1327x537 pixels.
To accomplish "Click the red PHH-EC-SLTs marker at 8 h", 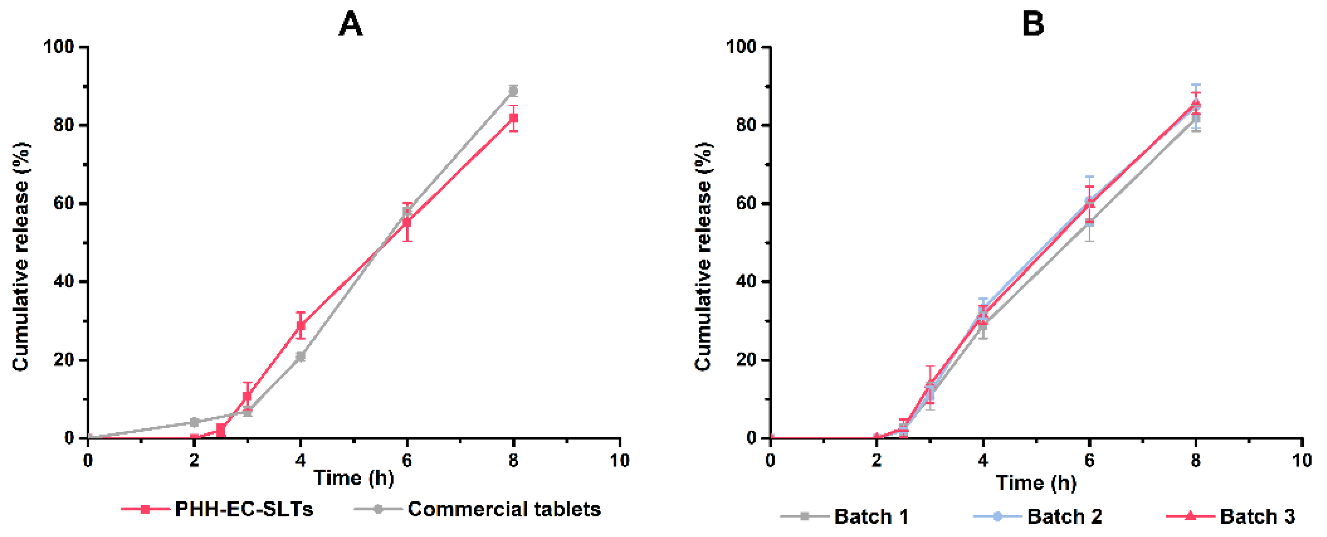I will pyautogui.click(x=513, y=118).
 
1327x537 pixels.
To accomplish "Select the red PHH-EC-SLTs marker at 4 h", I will pyautogui.click(x=301, y=325).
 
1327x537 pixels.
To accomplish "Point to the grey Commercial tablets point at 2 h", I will pyautogui.click(x=194, y=422).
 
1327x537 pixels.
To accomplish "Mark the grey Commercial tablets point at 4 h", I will pyautogui.click(x=301, y=356).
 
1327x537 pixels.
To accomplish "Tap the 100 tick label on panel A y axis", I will pyautogui.click(x=58, y=47).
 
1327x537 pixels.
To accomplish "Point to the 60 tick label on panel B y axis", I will pyautogui.click(x=746, y=203).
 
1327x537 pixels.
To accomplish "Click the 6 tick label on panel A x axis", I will pyautogui.click(x=407, y=460).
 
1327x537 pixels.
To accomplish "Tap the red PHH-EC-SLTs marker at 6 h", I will pyautogui.click(x=407, y=222).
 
